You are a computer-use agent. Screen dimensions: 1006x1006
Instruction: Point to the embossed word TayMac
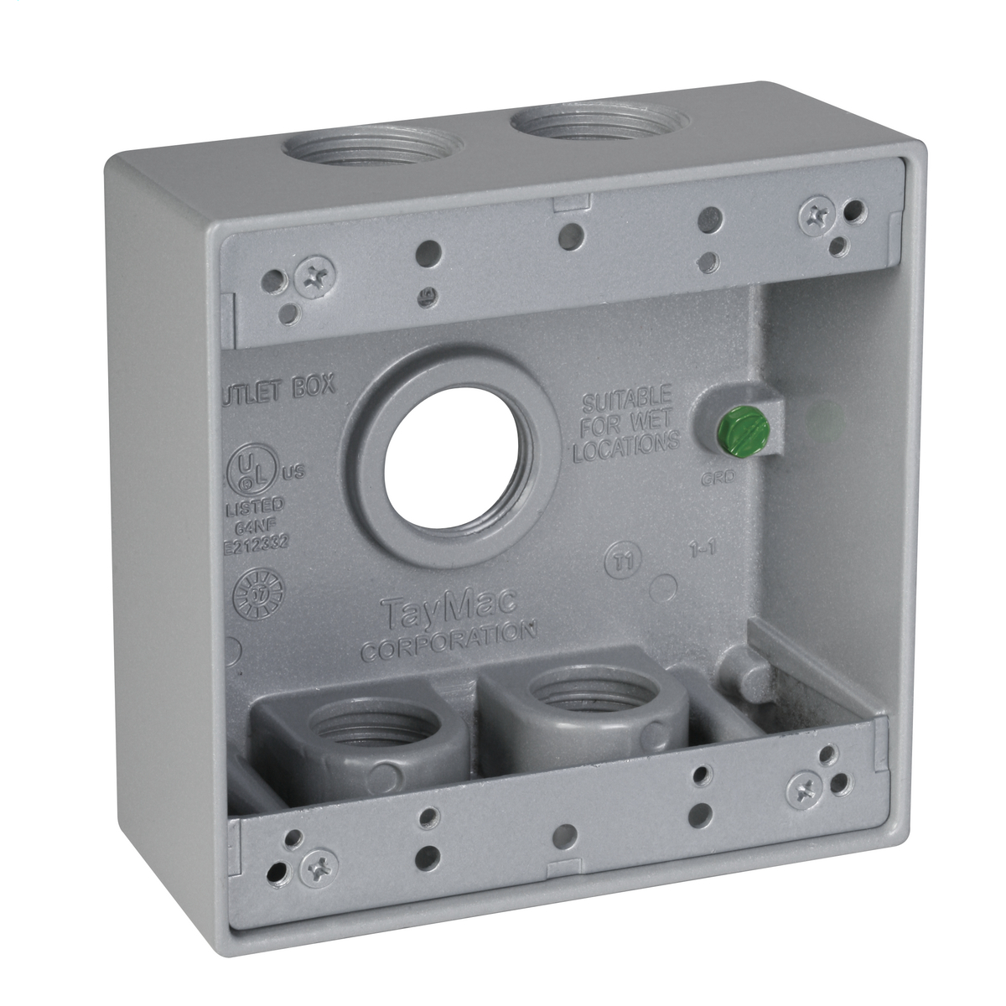coord(449,605)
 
